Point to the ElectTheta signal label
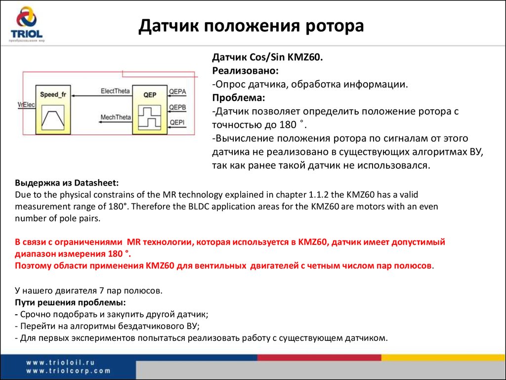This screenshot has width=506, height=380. point(115,91)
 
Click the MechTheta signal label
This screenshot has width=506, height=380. point(115,118)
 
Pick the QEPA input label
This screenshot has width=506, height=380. point(177,92)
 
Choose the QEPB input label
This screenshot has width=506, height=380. point(177,107)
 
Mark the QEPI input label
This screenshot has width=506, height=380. point(177,122)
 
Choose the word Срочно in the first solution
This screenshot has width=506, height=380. point(36,315)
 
